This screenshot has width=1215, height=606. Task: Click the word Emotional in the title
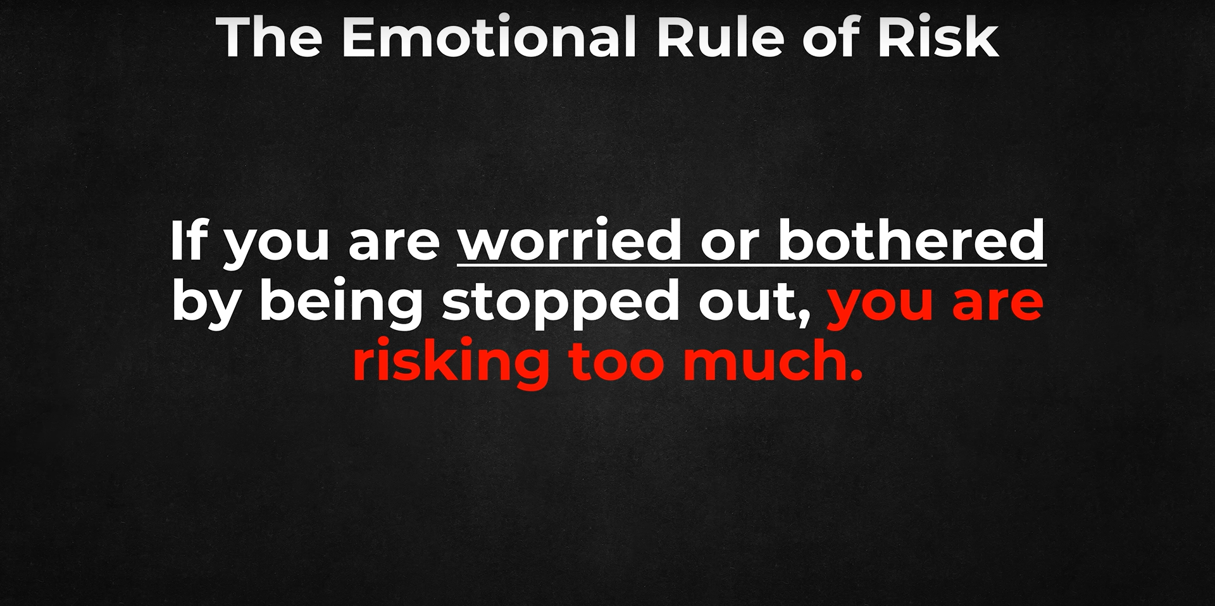(x=489, y=37)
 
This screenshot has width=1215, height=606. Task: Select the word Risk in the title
(x=938, y=37)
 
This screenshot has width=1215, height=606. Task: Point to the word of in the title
(x=832, y=37)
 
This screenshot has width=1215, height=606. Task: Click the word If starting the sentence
(x=189, y=241)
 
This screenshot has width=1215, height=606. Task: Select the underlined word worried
(x=570, y=241)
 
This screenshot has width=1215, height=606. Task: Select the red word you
(x=880, y=306)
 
